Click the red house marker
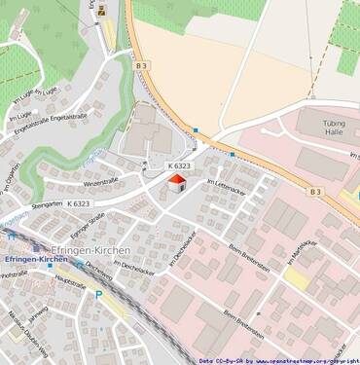[x=175, y=184]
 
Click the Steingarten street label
[x=44, y=204]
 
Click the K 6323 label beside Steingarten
[x=79, y=203]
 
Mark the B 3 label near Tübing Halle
[x=315, y=192]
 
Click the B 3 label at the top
[x=142, y=64]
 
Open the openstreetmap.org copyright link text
[x=301, y=360]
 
